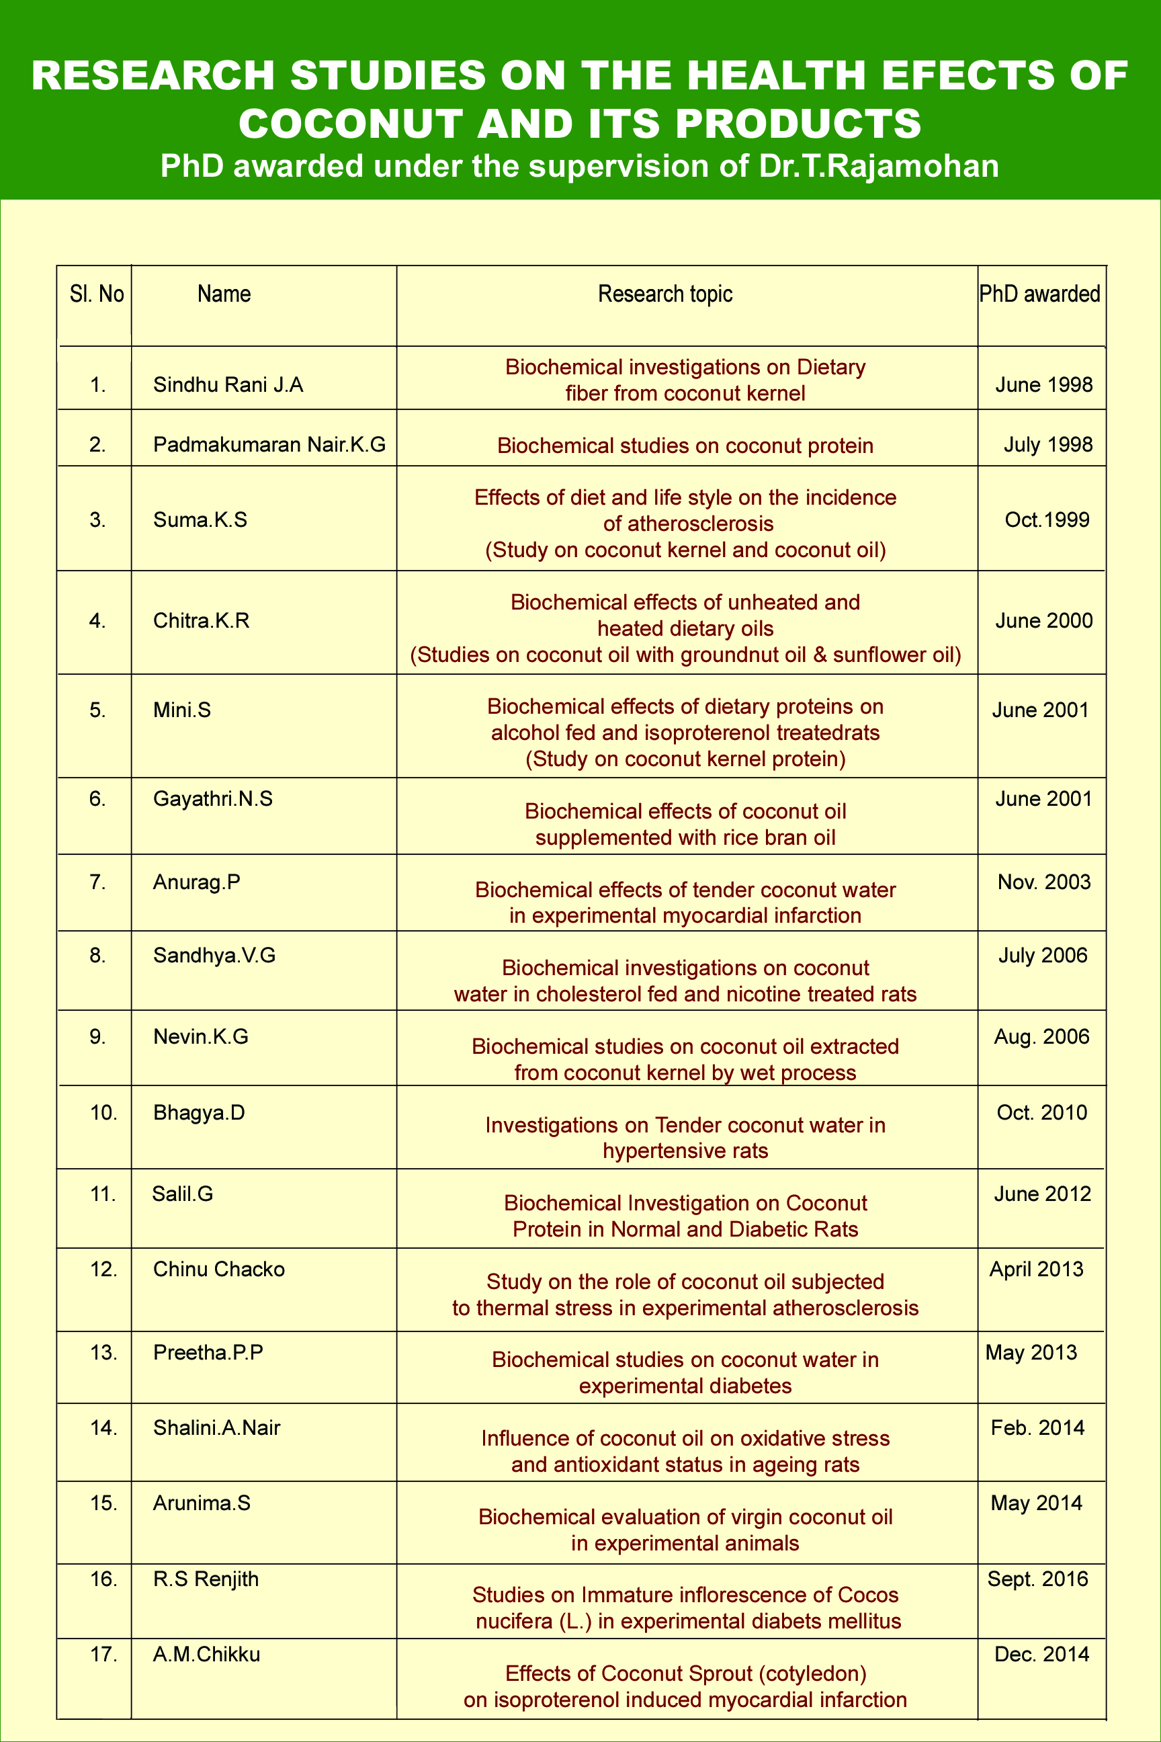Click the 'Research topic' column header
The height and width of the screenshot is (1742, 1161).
(x=665, y=294)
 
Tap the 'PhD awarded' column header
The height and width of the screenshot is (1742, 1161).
(x=1039, y=294)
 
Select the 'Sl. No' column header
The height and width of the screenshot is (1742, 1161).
(x=96, y=294)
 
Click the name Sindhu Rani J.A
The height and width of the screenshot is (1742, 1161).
(x=228, y=384)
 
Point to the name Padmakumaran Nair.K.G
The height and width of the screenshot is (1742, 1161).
(x=269, y=444)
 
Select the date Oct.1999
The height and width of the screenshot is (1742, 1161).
(x=1047, y=520)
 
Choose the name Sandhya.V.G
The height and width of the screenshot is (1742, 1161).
(x=214, y=956)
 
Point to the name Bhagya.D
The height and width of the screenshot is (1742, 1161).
(x=198, y=1112)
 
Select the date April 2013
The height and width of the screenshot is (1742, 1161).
(x=1036, y=1269)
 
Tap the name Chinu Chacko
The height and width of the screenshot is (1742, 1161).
(x=218, y=1269)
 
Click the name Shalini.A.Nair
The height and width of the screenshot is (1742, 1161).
(x=216, y=1427)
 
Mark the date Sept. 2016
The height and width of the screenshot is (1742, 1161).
(x=1037, y=1579)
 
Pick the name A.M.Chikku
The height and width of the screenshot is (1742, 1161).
(x=206, y=1654)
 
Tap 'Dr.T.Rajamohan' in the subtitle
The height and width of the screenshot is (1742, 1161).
(x=878, y=166)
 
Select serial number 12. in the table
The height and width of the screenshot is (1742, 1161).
(x=103, y=1269)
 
